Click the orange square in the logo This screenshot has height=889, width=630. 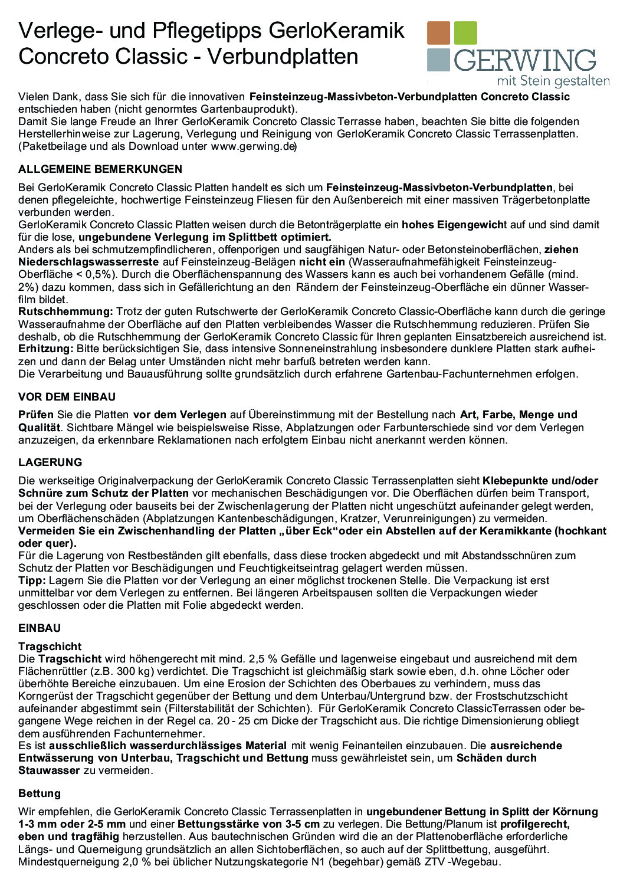[438, 33]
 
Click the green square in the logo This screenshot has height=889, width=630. [466, 33]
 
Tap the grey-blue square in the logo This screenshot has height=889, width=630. [438, 60]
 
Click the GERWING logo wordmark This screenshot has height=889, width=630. [524, 61]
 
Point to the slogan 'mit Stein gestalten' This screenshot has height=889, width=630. [553, 80]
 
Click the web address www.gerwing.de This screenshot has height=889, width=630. [253, 146]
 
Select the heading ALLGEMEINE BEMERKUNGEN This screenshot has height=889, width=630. [100, 169]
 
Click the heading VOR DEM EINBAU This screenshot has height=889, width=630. [67, 397]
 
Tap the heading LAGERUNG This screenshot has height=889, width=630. [50, 462]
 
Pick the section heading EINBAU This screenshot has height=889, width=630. [40, 628]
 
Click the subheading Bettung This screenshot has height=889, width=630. [40, 793]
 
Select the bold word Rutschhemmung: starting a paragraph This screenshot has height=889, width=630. [65, 311]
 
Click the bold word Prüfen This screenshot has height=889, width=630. [36, 415]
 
